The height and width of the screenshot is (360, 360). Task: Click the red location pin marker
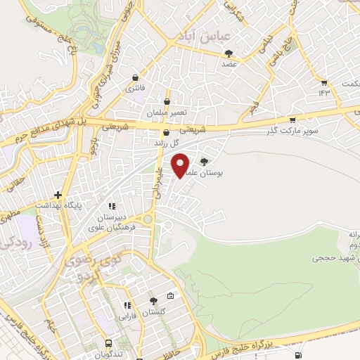pyautogui.click(x=182, y=165)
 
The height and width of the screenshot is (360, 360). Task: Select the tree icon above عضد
pyautogui.click(x=229, y=53)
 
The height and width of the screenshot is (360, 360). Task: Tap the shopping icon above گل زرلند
pyautogui.click(x=166, y=132)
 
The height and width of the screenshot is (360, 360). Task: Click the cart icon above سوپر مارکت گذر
pyautogui.click(x=292, y=120)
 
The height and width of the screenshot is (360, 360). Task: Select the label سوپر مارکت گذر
pyautogui.click(x=292, y=131)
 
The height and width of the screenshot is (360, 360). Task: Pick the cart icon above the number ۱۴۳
pyautogui.click(x=324, y=83)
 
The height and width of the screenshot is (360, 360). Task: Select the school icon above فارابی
pyautogui.click(x=127, y=305)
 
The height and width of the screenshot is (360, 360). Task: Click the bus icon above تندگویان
pyautogui.click(x=108, y=343)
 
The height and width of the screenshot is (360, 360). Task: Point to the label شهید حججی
pyautogui.click(x=334, y=258)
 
